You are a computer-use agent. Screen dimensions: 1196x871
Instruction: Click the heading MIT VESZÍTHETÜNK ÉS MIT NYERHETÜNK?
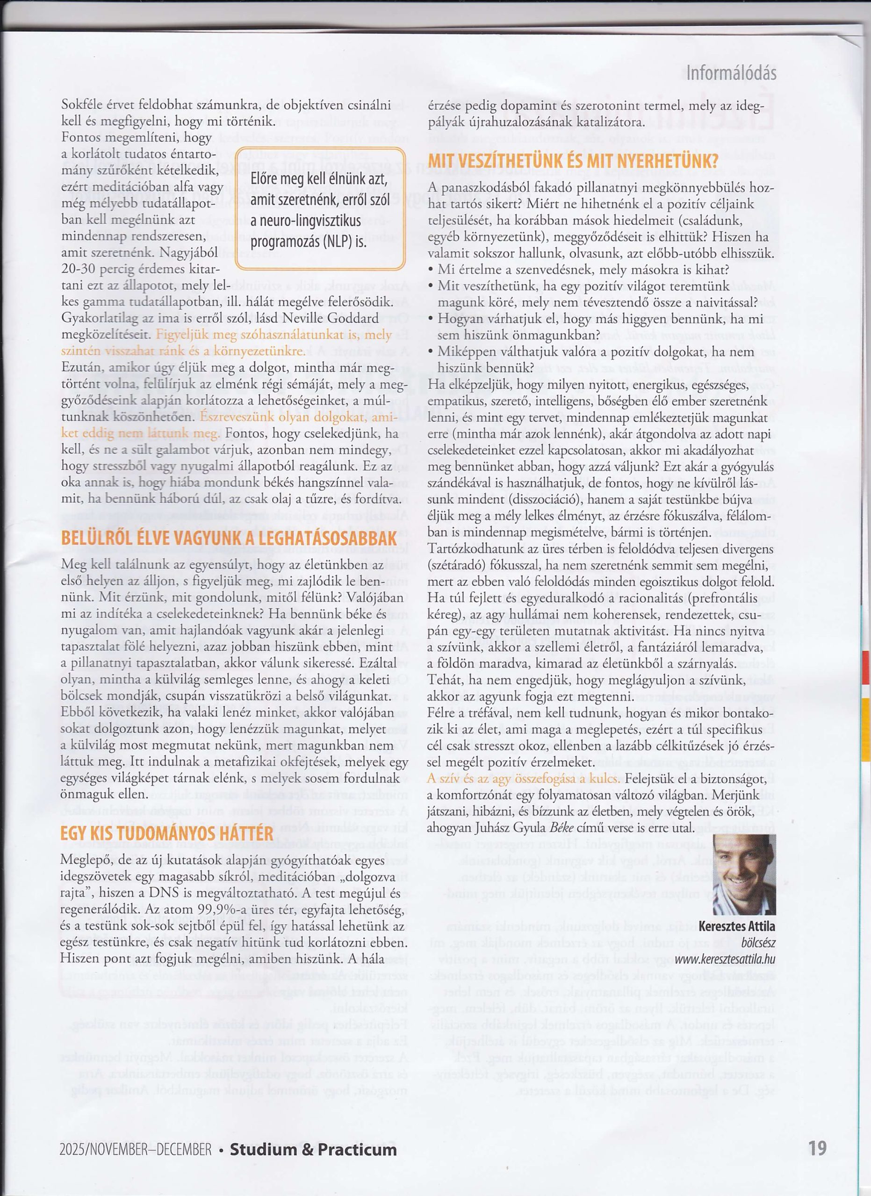click(x=573, y=160)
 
